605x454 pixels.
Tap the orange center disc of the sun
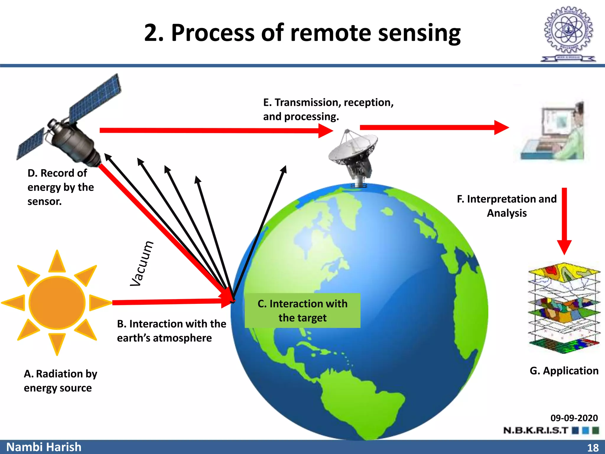[x=57, y=302]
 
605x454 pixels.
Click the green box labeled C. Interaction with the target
[x=302, y=310]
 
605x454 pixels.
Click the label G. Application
[x=564, y=371]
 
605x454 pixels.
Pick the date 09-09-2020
[x=574, y=418]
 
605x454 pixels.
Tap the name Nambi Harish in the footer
[x=44, y=447]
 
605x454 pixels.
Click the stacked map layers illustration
[x=564, y=307]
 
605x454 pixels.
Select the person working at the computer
[x=552, y=132]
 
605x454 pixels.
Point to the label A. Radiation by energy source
[x=60, y=381]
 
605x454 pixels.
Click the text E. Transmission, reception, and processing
[x=328, y=109]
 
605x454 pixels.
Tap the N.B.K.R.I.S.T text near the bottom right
[x=536, y=430]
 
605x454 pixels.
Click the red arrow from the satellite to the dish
[x=216, y=130]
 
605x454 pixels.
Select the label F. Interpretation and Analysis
[x=507, y=206]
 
